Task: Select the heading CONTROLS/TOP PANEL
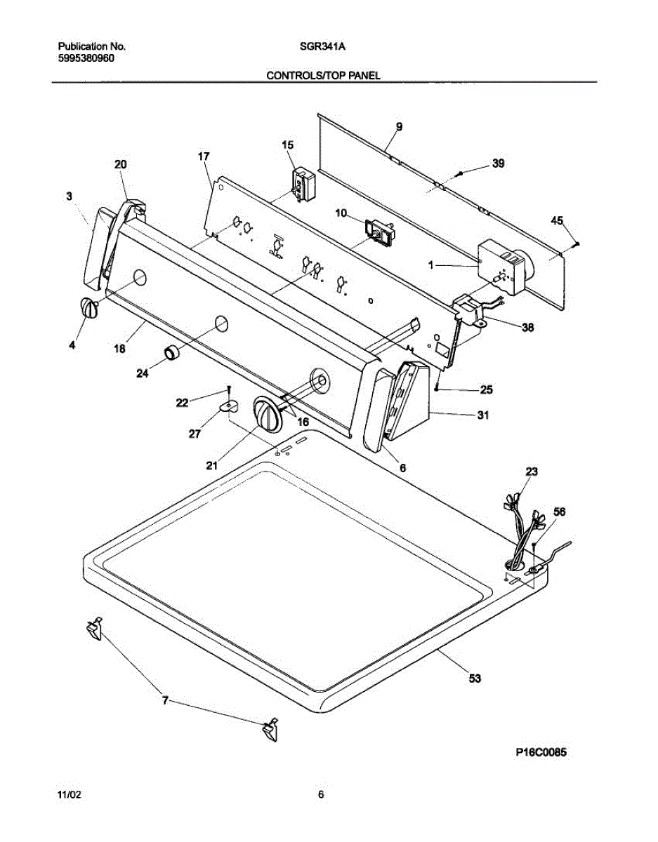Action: pyautogui.click(x=323, y=75)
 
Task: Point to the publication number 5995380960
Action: pyautogui.click(x=86, y=59)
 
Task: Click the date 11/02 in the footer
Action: pyautogui.click(x=69, y=795)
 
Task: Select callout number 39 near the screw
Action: pyautogui.click(x=497, y=163)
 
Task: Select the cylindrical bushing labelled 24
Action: pyautogui.click(x=172, y=352)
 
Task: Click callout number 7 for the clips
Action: pyautogui.click(x=166, y=700)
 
